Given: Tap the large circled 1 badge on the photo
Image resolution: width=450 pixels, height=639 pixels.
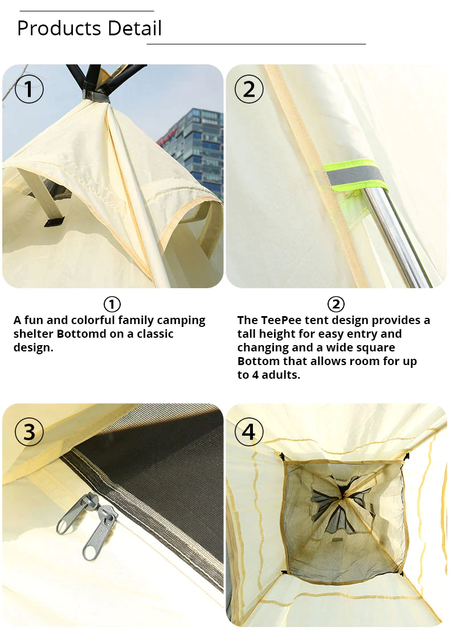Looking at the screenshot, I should click(x=29, y=89).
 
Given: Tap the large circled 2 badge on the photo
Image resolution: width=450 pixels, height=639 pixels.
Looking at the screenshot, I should click(x=249, y=89).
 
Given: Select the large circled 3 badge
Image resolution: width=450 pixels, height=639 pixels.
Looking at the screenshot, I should click(x=29, y=432).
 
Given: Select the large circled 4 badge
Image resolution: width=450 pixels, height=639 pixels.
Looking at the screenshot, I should click(x=249, y=432).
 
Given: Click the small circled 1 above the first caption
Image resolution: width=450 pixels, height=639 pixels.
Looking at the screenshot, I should click(x=112, y=304).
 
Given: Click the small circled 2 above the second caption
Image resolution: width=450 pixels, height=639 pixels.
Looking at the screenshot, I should click(x=336, y=304).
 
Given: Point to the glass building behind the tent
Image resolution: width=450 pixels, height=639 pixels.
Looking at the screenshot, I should click(x=197, y=142).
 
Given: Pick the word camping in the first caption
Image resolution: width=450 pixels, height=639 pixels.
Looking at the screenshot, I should click(x=179, y=320).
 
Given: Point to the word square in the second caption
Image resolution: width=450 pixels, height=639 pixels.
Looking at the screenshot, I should click(x=376, y=347).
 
